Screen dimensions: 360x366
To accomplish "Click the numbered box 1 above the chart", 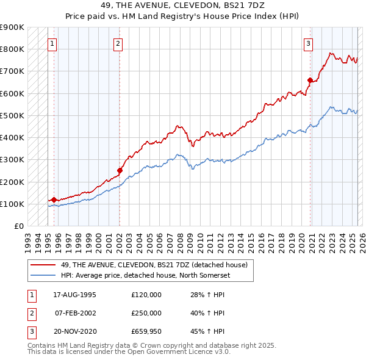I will pos(52,43).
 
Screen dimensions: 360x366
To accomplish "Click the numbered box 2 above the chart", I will pos(118,43).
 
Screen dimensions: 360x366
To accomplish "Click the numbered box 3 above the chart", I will pos(309,43).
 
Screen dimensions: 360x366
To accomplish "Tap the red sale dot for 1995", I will pos(54,200).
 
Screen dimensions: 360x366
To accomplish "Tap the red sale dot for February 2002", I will pos(120,171).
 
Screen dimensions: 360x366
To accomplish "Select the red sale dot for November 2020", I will pos(310,80).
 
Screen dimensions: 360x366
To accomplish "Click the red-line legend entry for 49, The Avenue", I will pos(154,265).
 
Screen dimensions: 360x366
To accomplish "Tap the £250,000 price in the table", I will pos(146,313).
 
